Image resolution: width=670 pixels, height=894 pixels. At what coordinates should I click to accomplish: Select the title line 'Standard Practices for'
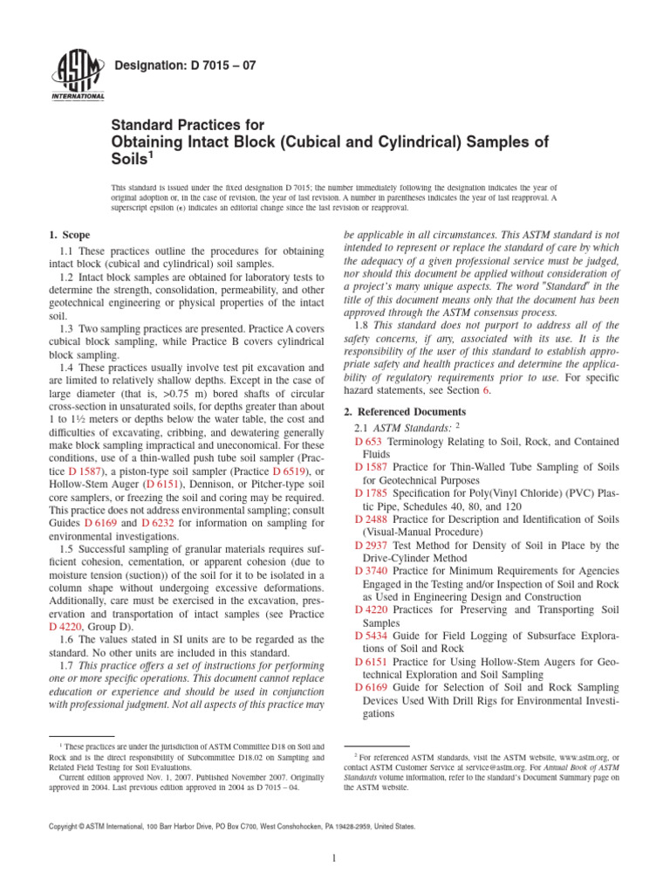pyautogui.click(x=188, y=126)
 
